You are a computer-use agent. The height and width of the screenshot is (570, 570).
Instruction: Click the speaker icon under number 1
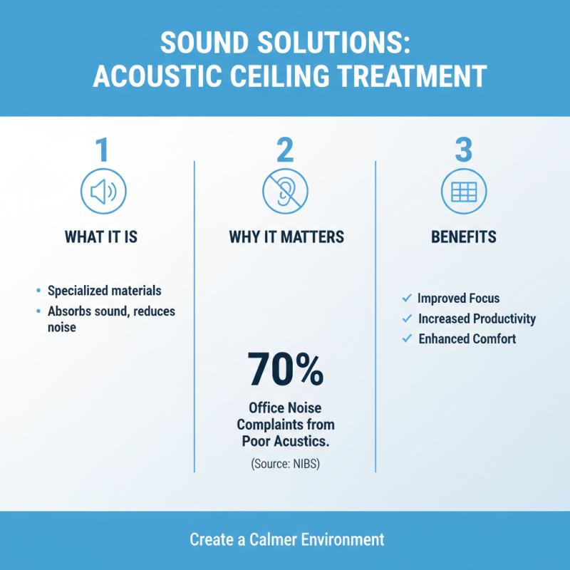[104, 192]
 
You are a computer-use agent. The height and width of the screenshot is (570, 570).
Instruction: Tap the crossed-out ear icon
[285, 192]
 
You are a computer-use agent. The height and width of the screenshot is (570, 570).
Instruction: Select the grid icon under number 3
[464, 192]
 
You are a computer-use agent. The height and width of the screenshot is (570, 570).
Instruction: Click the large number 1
[103, 150]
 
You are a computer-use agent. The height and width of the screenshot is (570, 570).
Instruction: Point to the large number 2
[285, 150]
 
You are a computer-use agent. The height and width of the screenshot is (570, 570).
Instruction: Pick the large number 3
[464, 150]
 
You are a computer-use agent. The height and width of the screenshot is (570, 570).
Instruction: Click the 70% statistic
[286, 368]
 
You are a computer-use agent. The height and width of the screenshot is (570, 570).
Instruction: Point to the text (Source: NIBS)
[286, 464]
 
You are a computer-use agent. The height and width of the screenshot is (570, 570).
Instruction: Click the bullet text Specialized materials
[104, 291]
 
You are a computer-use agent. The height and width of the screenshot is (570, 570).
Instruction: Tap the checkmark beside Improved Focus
[407, 298]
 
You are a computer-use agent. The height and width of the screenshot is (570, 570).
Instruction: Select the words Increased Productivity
[477, 318]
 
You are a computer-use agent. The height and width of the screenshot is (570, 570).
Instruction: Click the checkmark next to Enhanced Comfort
[407, 338]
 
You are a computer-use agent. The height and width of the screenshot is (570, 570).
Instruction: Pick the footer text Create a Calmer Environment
[286, 539]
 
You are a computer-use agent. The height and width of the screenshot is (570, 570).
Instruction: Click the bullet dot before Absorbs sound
[38, 311]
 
